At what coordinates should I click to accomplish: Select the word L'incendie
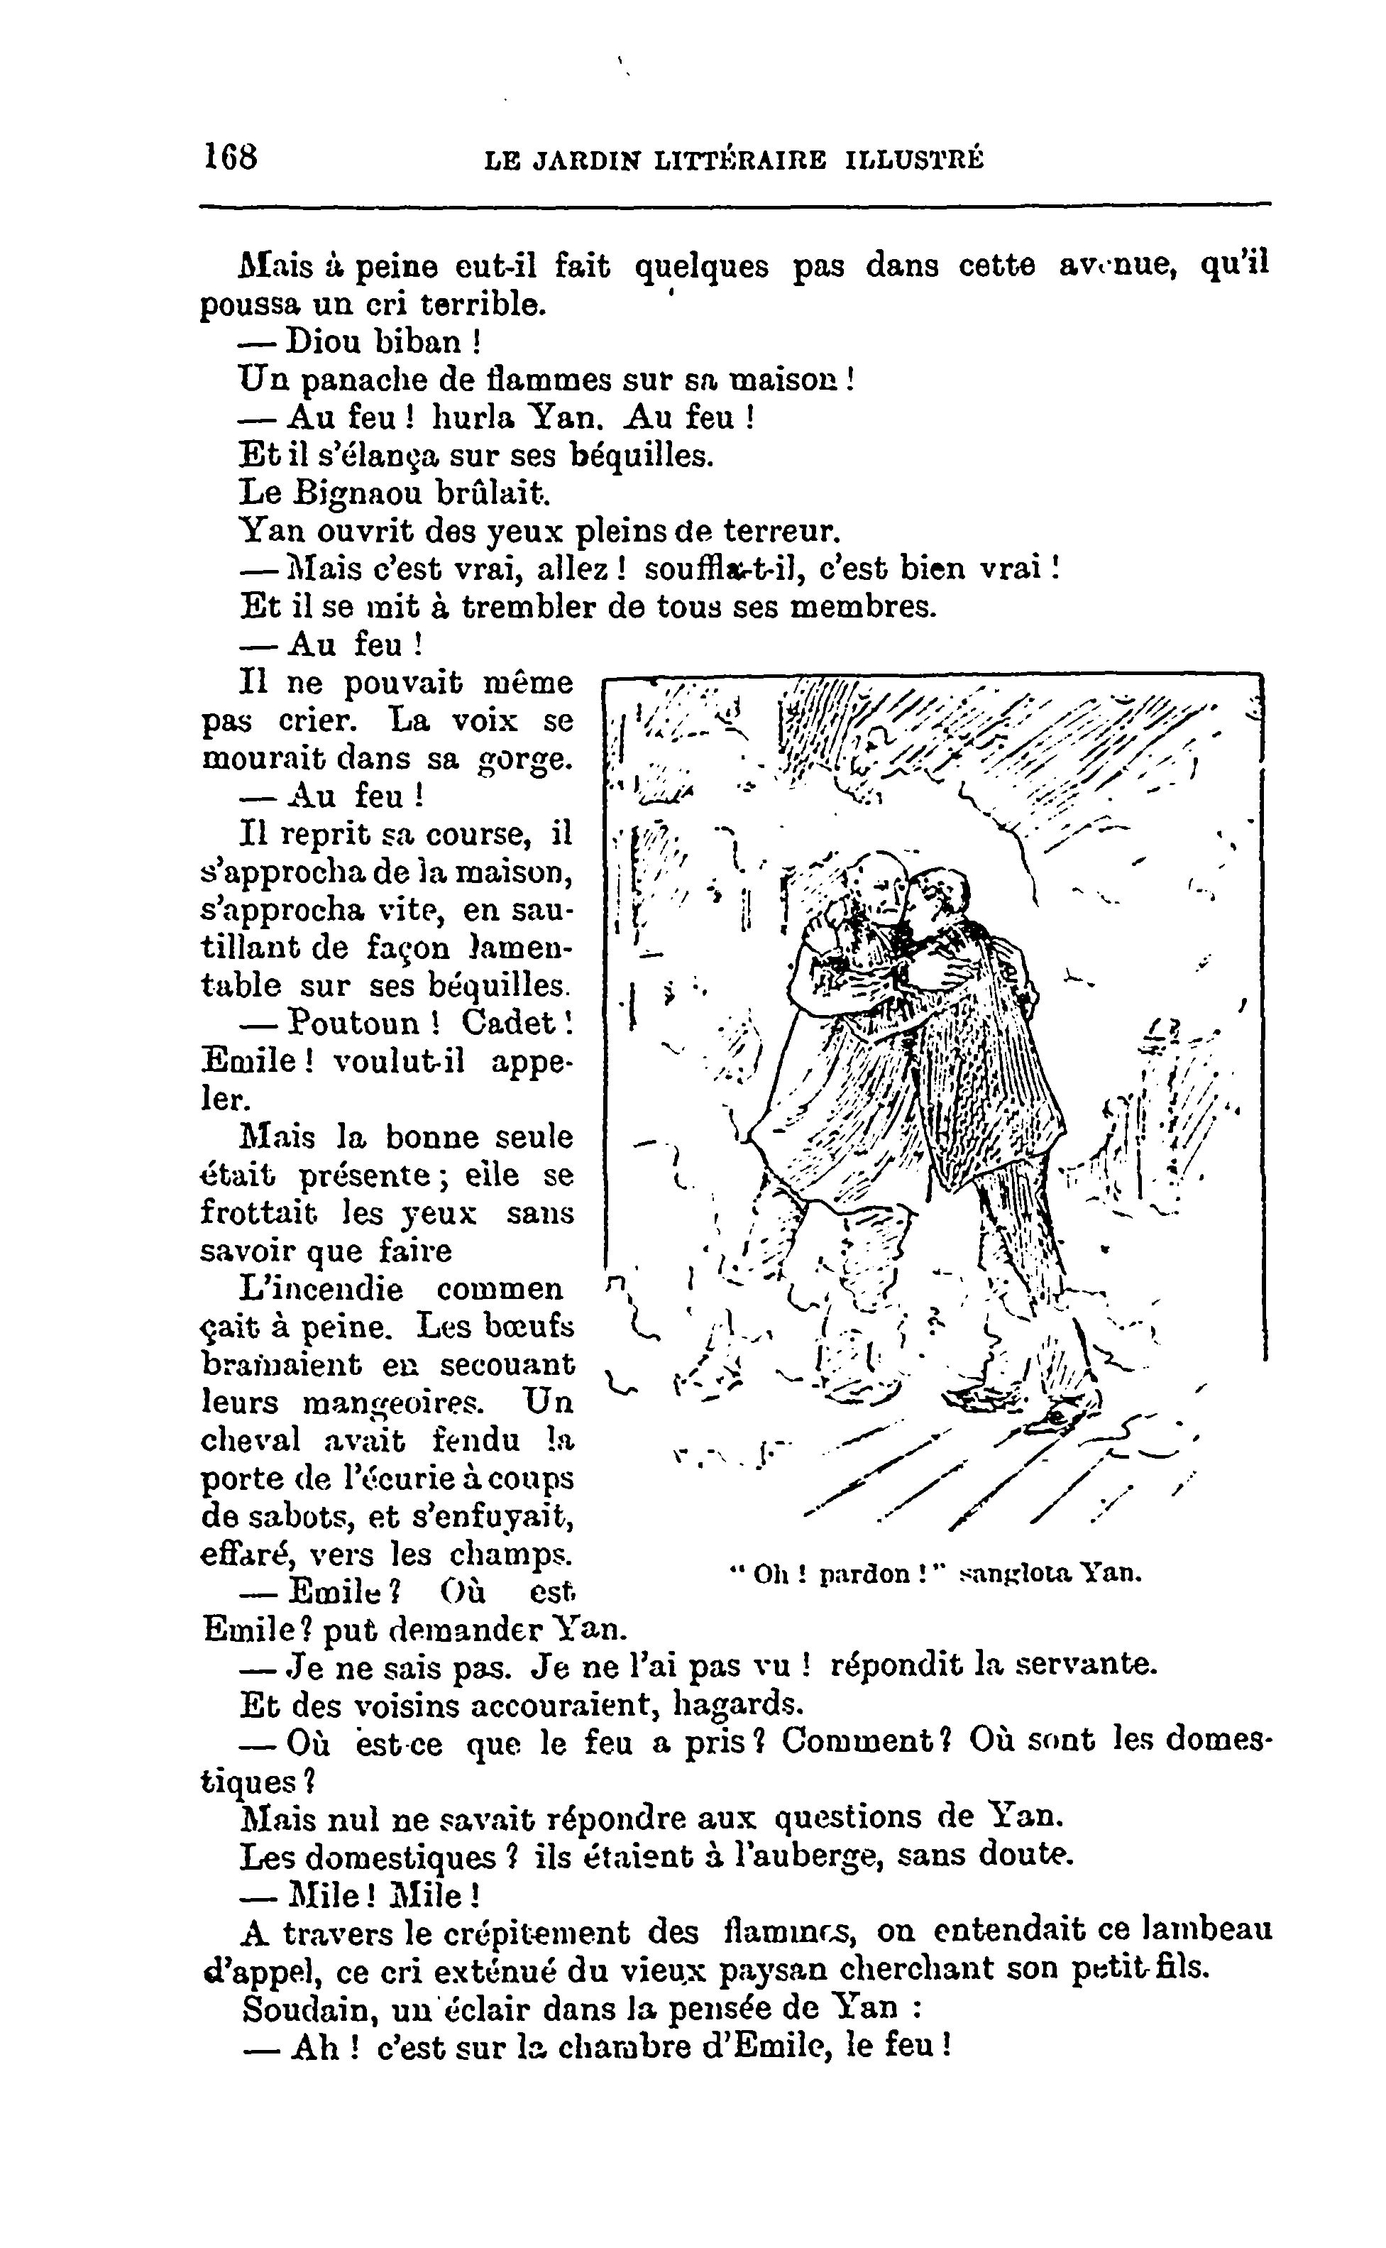(321, 1289)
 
